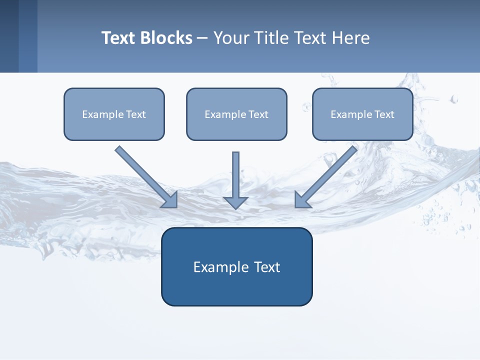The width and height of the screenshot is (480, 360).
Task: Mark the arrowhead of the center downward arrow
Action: (235, 202)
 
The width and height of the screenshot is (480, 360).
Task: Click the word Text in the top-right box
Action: (384, 114)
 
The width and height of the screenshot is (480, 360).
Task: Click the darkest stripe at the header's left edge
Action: (9, 36)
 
